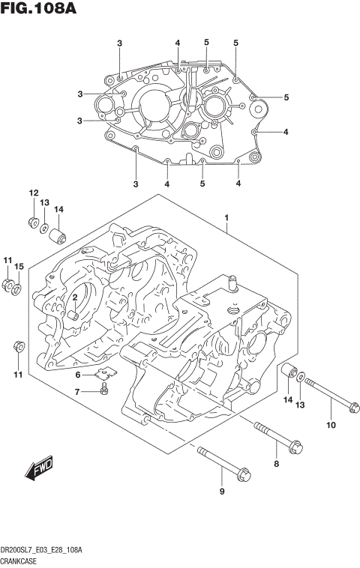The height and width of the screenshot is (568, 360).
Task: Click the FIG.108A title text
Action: [x=41, y=10]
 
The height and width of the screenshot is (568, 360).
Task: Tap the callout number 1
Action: [x=226, y=218]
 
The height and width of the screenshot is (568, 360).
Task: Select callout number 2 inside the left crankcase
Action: [x=76, y=298]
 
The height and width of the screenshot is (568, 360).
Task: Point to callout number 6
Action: [x=77, y=375]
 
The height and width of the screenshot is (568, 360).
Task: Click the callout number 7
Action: [x=77, y=391]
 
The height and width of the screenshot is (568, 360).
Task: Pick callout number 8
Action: [x=275, y=465]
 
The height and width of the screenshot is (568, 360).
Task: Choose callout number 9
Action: [x=221, y=492]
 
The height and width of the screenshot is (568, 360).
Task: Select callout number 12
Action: [x=33, y=193]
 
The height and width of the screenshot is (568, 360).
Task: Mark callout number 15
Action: [x=20, y=266]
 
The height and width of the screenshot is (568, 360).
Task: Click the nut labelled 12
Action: [x=33, y=221]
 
